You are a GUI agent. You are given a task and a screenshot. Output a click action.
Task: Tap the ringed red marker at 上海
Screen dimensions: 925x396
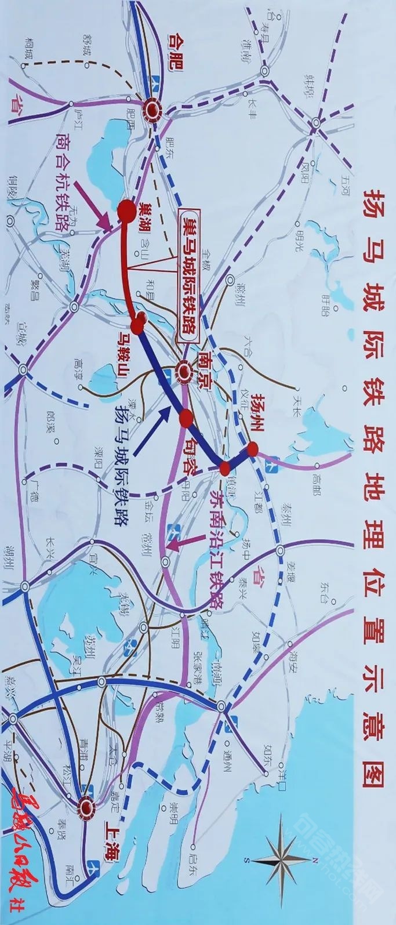88,806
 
